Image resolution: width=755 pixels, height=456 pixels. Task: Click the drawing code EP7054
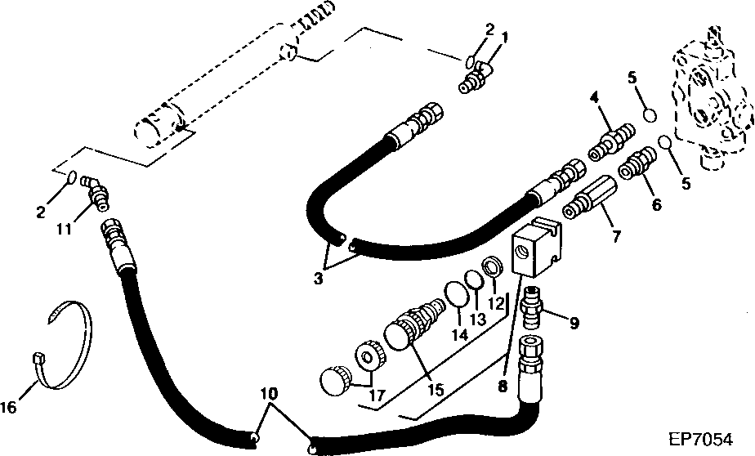700,439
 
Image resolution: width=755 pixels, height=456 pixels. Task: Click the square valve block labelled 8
536,247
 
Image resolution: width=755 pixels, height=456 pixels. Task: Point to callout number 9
574,323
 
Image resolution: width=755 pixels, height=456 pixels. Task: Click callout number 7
616,236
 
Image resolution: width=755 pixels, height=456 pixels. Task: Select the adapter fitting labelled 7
590,197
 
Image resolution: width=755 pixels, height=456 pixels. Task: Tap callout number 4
595,98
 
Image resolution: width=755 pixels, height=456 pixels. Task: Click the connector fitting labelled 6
637,165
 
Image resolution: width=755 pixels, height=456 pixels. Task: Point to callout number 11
64,228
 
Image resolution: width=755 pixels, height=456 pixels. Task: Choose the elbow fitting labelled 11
95,192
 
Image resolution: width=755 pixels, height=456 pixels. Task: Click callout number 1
505,37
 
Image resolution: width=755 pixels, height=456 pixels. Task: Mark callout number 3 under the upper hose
318,279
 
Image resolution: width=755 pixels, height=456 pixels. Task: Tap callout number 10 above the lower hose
270,394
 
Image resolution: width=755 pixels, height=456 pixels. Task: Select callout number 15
436,389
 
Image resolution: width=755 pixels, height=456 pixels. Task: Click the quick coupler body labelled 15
416,322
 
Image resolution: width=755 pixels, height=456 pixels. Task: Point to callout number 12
496,303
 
